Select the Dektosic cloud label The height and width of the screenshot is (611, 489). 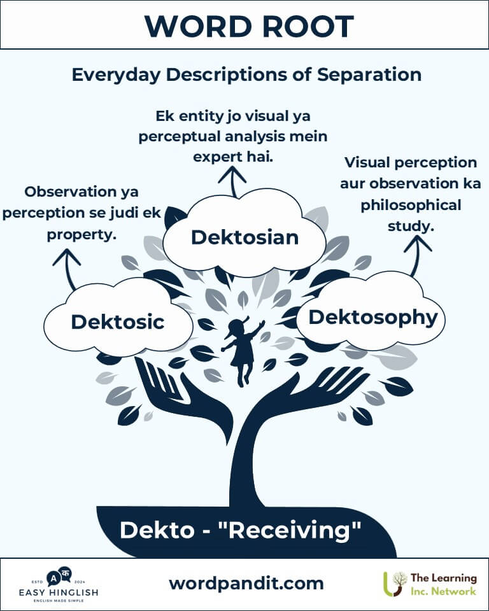point(117,321)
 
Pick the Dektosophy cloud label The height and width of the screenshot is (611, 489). point(372,317)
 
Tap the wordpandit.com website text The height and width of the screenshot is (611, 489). point(246,583)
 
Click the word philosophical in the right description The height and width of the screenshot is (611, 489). point(411,206)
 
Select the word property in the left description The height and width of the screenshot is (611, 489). point(81,234)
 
